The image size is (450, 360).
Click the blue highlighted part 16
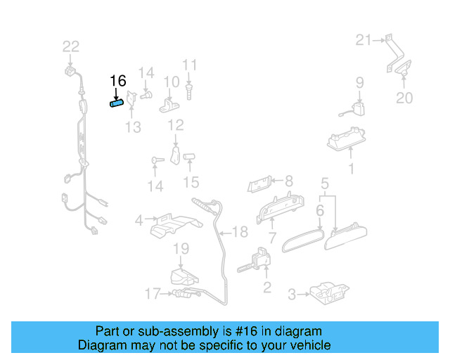pyautogui.click(x=116, y=104)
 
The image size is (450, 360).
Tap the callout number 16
pyautogui.click(x=117, y=81)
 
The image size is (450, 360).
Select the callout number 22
pyautogui.click(x=71, y=46)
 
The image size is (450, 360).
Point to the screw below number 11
pyautogui.click(x=189, y=90)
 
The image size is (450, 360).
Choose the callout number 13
pyautogui.click(x=133, y=127)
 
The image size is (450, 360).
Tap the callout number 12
pyautogui.click(x=175, y=125)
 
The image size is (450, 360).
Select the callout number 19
pyautogui.click(x=181, y=248)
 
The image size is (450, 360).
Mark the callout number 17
pyautogui.click(x=153, y=294)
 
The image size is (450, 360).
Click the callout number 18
pyautogui.click(x=240, y=232)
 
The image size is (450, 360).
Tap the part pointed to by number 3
pyautogui.click(x=327, y=291)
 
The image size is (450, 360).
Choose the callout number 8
pyautogui.click(x=288, y=181)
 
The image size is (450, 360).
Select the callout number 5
pyautogui.click(x=325, y=185)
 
